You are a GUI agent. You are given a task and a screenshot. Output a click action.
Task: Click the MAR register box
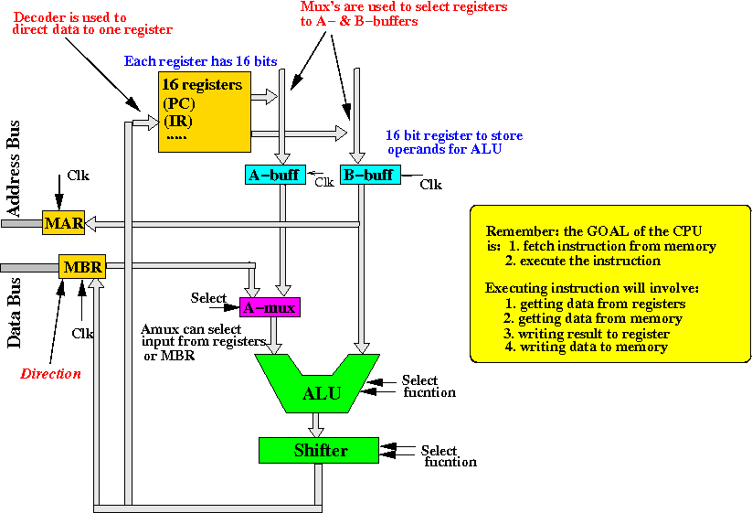[62, 222]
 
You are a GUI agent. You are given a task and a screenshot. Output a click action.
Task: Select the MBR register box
[82, 266]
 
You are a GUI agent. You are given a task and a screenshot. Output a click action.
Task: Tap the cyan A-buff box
[273, 174]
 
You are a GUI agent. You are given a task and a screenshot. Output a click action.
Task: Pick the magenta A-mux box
[270, 307]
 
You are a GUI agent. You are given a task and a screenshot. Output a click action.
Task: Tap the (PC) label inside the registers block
[180, 103]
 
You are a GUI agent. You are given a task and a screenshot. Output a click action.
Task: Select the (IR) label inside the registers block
[179, 122]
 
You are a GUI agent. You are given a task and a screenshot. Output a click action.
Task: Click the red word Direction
[50, 373]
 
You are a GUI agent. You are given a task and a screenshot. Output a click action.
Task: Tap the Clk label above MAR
[79, 176]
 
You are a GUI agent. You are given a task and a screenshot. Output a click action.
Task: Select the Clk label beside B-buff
[430, 185]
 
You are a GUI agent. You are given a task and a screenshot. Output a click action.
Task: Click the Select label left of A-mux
[208, 298]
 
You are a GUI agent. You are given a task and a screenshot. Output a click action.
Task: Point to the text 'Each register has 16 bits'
[201, 61]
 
